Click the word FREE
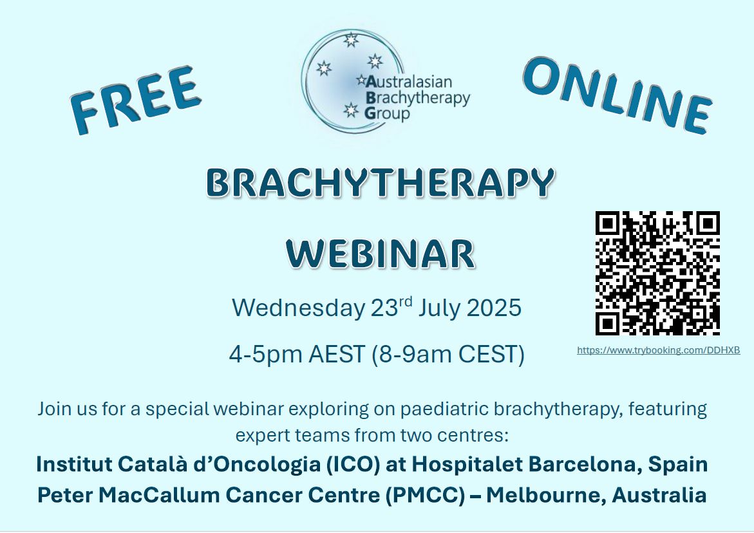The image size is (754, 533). point(136,100)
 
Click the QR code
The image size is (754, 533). point(657,273)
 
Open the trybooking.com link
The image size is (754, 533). point(658,350)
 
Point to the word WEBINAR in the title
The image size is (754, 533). point(380,254)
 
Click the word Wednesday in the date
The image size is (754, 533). point(298,308)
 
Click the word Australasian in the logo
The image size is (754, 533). point(409,82)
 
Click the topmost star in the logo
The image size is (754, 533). point(350,40)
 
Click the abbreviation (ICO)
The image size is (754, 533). point(350,464)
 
